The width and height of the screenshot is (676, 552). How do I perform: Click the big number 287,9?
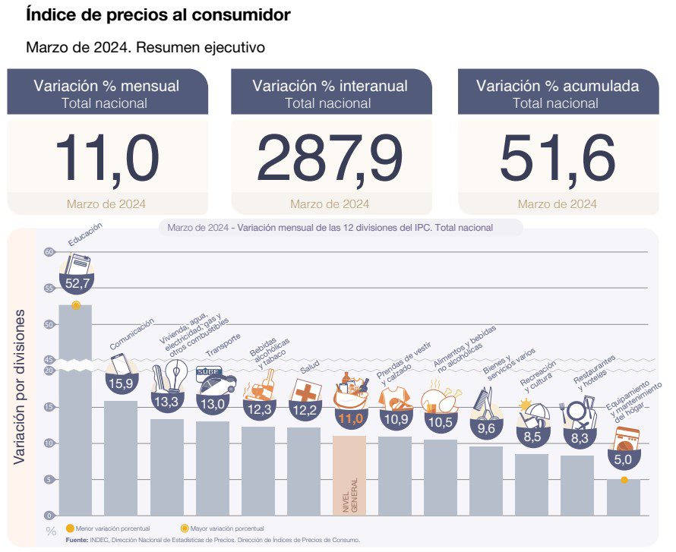330,159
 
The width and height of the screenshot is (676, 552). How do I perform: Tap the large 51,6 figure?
558,159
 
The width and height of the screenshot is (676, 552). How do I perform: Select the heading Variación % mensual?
106,85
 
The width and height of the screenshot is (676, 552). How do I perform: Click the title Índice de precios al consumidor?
158,14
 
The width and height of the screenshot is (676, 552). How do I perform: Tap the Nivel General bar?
349,475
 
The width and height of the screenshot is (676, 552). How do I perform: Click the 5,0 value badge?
623,459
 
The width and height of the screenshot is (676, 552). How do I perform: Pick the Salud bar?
304,472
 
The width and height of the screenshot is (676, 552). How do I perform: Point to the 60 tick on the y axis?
49,252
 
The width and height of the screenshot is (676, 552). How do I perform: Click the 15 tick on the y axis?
49,407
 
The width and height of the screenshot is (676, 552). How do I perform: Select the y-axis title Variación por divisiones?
21,387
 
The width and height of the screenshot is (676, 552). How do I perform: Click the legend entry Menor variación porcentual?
107,528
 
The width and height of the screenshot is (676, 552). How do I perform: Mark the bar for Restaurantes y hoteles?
576,486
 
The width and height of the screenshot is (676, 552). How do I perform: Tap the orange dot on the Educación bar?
75,304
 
